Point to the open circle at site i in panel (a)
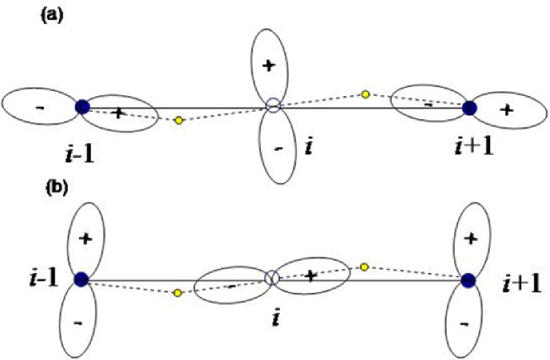point(273,106)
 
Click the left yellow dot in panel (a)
point(178,121)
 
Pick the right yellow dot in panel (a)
point(365,94)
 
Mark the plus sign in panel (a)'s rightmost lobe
point(508,109)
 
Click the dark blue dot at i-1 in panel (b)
point(80,280)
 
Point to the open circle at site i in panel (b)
point(270,278)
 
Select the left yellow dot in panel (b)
point(177,292)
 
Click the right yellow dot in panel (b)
point(364,266)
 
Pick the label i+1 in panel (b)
point(521,286)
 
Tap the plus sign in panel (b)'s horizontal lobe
point(311,276)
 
